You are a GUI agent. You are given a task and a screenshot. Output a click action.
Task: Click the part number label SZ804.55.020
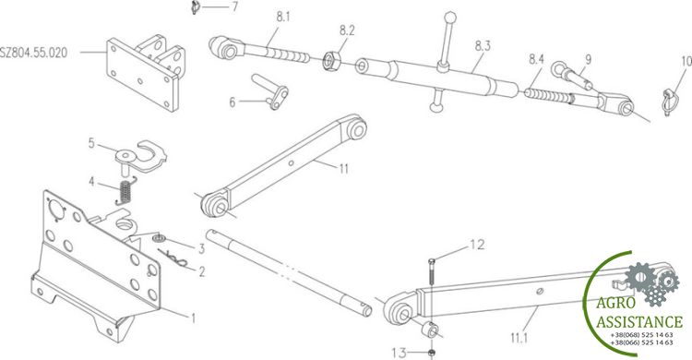tap(34, 53)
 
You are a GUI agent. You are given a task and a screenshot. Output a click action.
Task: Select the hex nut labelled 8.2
tap(329, 61)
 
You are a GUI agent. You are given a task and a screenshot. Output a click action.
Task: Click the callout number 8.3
tap(483, 46)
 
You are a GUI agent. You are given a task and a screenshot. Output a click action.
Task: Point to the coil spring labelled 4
tap(125, 191)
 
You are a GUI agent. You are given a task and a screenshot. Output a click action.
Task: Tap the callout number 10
tap(686, 62)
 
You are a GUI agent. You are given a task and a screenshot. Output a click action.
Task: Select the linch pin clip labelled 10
tap(670, 102)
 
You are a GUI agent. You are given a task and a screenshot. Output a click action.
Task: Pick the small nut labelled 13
tap(432, 353)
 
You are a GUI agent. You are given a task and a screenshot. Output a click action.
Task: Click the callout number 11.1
tap(519, 339)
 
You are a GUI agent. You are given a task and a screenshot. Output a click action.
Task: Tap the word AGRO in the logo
tap(615, 304)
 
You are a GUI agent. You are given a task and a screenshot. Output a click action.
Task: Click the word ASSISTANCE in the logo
tap(639, 321)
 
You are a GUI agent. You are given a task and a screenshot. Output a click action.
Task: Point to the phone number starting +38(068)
tap(641, 335)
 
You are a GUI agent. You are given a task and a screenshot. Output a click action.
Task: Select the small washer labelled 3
tap(159, 239)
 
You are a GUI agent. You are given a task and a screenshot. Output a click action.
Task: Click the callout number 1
tap(193, 318)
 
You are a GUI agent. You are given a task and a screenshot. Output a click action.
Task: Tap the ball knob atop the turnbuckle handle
tap(450, 18)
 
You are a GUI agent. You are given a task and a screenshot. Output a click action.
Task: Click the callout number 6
tap(233, 102)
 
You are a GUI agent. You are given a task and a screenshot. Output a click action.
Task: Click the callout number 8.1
tap(283, 18)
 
